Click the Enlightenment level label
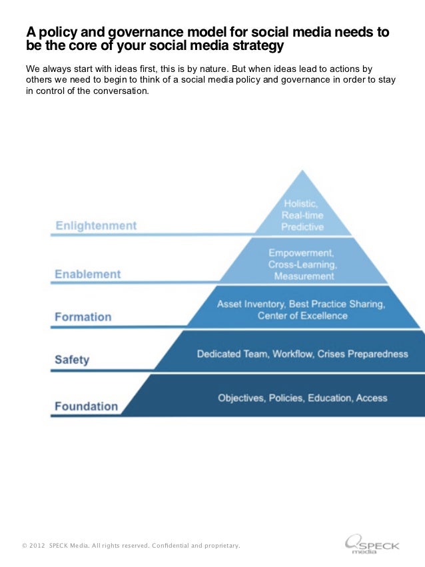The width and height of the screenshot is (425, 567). pos(96,226)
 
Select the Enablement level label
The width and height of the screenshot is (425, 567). pos(88,274)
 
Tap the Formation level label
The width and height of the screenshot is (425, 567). pos(83,316)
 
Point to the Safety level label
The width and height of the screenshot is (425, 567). pos(72,360)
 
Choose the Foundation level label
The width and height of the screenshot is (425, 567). pos(86,406)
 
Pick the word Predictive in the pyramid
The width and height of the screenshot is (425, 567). pos(302,227)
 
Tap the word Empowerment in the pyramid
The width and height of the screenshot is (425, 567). pos(300,253)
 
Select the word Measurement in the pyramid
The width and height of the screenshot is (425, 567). pos(304,276)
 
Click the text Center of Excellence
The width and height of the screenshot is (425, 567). pos(302,315)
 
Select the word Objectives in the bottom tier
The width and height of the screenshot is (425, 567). pos(240,398)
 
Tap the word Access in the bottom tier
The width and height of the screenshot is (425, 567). pos(372,398)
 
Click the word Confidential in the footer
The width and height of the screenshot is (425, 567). pos(172,546)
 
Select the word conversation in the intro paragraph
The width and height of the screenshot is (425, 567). pos(119,91)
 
